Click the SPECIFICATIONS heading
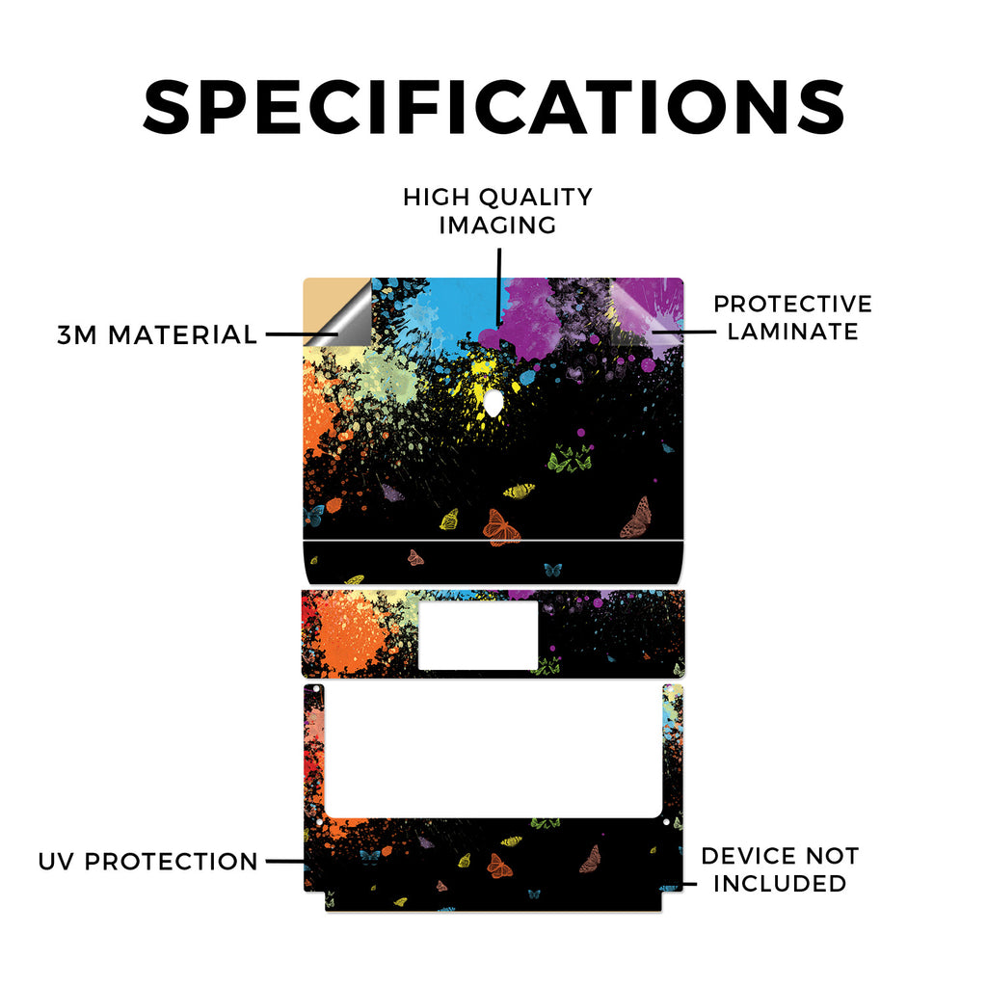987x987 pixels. tap(494, 107)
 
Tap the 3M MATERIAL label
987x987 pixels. tap(157, 334)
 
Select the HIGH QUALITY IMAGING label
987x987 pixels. tap(498, 211)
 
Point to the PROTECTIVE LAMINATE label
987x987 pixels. tap(792, 317)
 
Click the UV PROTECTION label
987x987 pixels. tap(147, 861)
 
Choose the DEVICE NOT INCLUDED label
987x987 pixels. tap(780, 869)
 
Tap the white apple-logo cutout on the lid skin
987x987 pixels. tap(493, 403)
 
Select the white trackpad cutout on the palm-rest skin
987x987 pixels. tap(478, 636)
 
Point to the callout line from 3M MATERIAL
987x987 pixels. tap(302, 334)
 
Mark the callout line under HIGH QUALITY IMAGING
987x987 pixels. tap(499, 286)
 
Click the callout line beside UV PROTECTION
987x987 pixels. tap(285, 861)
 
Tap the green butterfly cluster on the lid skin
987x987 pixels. tap(571, 458)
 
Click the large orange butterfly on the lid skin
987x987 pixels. tap(501, 527)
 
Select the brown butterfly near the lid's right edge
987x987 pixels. tap(637, 518)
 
